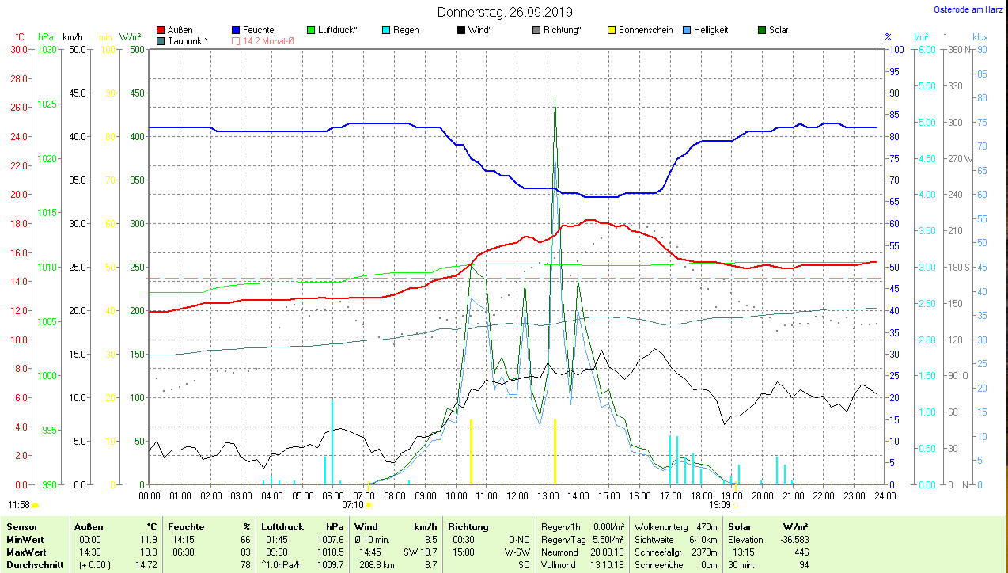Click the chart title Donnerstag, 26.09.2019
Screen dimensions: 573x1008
click(x=505, y=12)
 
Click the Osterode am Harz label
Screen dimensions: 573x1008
click(x=969, y=10)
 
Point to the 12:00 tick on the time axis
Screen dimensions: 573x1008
click(x=517, y=496)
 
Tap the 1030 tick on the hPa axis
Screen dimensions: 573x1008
click(x=47, y=49)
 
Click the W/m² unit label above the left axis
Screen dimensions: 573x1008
click(x=130, y=37)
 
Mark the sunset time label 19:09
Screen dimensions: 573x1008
click(x=719, y=504)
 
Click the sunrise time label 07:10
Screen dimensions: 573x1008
click(x=352, y=504)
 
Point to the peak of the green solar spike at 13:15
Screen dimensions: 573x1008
click(x=555, y=98)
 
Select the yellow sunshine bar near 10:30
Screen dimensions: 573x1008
click(x=471, y=451)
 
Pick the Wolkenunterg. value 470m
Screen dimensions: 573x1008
click(x=706, y=527)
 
